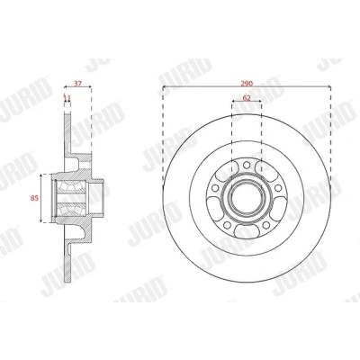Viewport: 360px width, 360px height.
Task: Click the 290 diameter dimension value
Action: tap(247, 84)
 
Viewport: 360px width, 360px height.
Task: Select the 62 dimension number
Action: tap(247, 98)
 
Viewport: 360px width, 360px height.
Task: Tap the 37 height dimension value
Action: tap(77, 84)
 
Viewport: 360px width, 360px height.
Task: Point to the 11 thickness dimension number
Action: tap(67, 98)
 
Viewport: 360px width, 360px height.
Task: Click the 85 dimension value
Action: tap(34, 198)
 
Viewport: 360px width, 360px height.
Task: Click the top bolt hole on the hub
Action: tap(247, 165)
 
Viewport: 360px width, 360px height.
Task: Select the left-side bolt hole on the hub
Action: tap(215, 188)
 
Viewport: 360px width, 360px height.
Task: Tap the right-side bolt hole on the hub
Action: tap(278, 188)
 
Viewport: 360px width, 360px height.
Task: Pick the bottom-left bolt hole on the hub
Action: tap(227, 225)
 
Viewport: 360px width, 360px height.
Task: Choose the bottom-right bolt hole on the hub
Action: tap(266, 225)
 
